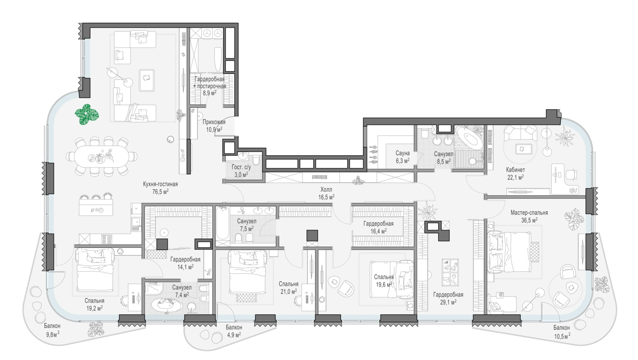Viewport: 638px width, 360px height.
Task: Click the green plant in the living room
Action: tap(87, 115)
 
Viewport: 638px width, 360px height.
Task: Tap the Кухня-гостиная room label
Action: tap(160, 184)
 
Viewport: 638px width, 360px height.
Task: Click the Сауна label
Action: tap(402, 153)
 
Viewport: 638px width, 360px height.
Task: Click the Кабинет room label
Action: tap(515, 170)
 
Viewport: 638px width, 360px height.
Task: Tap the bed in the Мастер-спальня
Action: tap(509, 252)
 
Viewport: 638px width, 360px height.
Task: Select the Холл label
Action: tap(326, 190)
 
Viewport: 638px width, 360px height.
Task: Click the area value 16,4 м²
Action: tap(379, 231)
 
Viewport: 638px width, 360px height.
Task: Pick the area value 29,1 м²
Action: tap(448, 302)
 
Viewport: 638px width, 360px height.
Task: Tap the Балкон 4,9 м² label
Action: tap(234, 331)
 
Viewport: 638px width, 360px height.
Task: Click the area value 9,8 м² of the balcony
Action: tap(53, 334)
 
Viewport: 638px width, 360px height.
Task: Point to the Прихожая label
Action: tap(214, 122)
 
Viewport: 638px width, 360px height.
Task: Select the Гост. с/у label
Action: tap(241, 167)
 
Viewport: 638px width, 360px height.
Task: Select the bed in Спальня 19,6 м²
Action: tap(392, 279)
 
